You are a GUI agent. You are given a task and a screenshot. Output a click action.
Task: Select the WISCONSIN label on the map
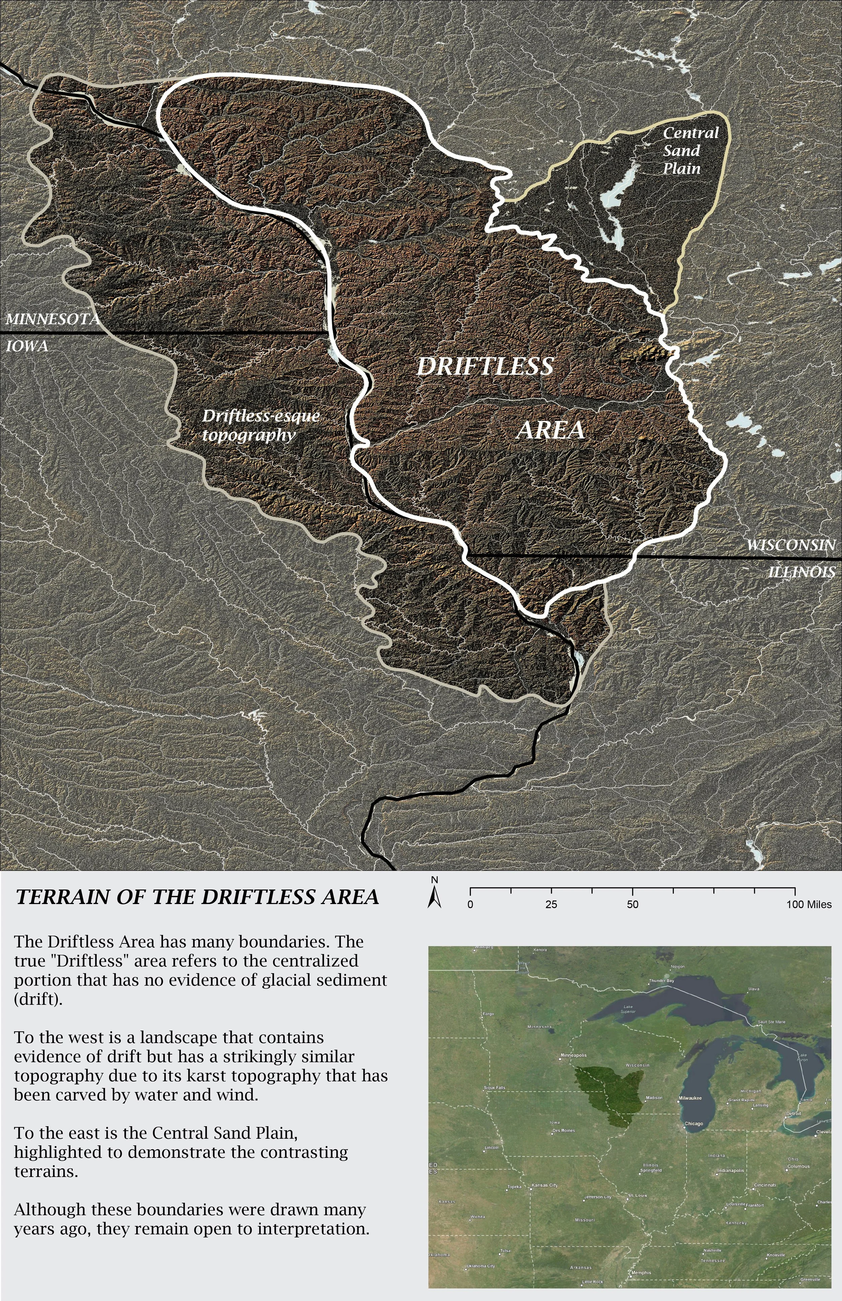click(x=790, y=545)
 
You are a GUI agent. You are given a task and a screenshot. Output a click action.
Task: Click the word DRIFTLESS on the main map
click(x=485, y=366)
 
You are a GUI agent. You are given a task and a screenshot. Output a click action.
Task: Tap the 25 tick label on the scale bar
click(x=551, y=905)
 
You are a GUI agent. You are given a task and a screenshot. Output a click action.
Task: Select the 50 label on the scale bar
click(x=632, y=905)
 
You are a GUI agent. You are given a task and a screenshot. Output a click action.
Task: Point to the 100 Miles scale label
click(x=809, y=905)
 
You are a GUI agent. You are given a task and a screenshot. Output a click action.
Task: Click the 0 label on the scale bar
click(x=470, y=905)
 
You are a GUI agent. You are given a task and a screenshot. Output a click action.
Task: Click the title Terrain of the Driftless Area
click(x=197, y=897)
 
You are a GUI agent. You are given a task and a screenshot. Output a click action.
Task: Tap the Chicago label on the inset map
click(x=694, y=1124)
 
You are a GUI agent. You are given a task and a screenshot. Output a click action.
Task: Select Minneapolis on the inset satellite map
click(x=574, y=1055)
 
